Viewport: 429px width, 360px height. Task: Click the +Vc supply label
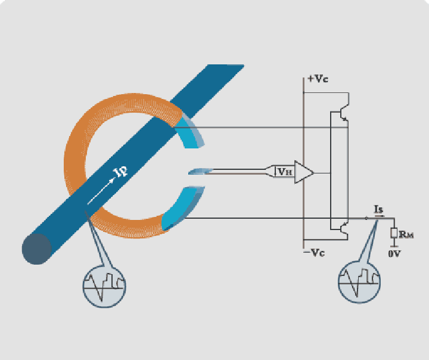(x=318, y=79)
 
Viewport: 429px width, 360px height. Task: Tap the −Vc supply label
(x=314, y=252)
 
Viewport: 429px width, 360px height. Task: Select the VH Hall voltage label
(x=285, y=172)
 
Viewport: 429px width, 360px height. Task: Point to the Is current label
(x=378, y=209)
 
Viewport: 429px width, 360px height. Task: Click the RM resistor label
(x=406, y=235)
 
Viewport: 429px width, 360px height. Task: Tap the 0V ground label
(x=394, y=254)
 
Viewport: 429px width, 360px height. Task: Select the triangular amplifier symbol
(x=304, y=172)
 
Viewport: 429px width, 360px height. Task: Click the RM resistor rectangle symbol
(x=394, y=232)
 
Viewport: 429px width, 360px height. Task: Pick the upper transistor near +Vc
(x=344, y=112)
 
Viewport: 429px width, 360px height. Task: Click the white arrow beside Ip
(x=101, y=191)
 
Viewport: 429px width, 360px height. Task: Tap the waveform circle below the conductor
(x=104, y=287)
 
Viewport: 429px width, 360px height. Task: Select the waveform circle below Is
(x=359, y=283)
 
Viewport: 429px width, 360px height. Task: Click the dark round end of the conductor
(x=37, y=249)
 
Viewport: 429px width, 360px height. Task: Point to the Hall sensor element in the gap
(x=200, y=172)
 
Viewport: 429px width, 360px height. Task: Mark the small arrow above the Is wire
(x=380, y=216)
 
